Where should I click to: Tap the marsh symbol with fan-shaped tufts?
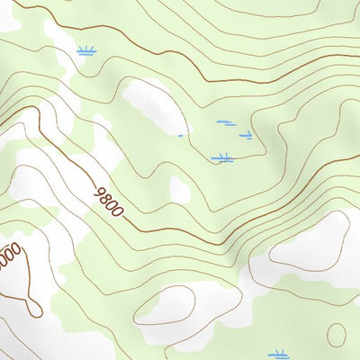[x=86, y=50]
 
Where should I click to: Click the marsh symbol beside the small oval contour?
[x=280, y=354]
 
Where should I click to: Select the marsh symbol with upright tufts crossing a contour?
[x=222, y=158]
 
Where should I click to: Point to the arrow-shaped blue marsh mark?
[x=246, y=136]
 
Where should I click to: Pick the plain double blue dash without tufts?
[x=225, y=123]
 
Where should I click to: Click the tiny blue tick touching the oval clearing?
[x=181, y=136]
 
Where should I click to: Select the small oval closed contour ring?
[x=336, y=335]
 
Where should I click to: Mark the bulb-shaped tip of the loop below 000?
[x=34, y=310]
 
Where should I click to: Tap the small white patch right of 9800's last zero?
[x=180, y=190]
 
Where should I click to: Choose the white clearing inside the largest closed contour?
[x=310, y=240]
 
